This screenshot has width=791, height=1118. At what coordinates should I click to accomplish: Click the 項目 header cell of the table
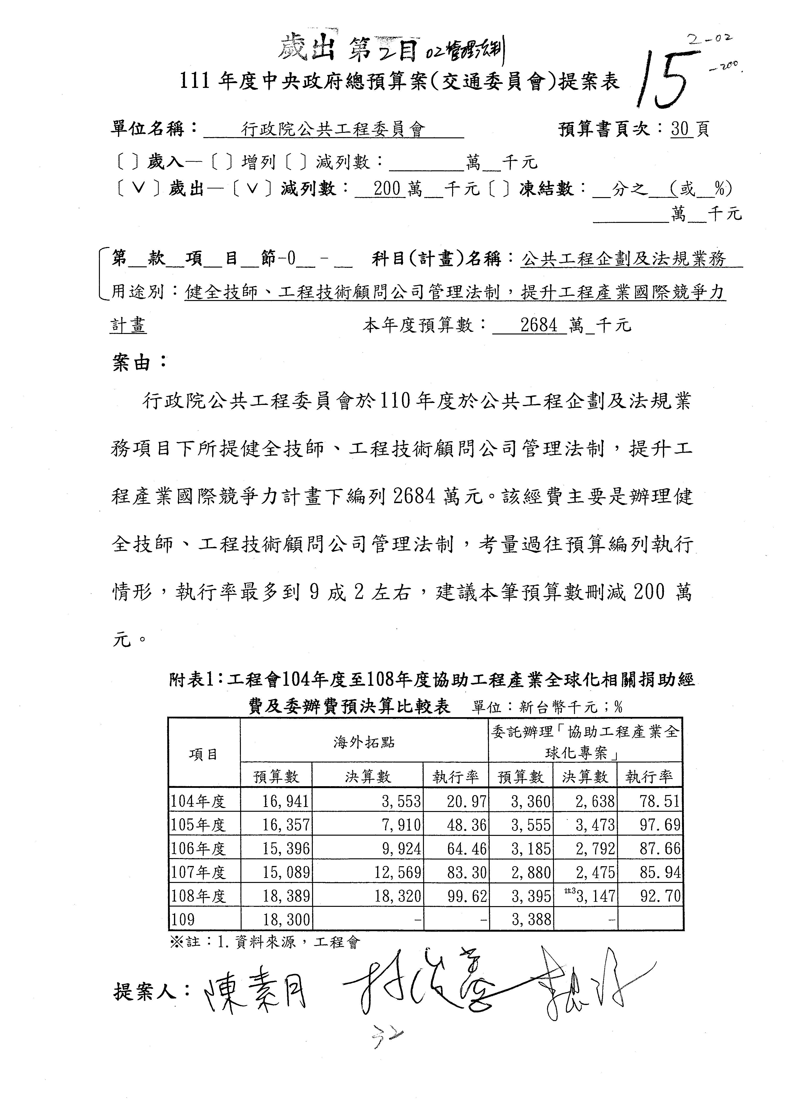pos(204,754)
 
